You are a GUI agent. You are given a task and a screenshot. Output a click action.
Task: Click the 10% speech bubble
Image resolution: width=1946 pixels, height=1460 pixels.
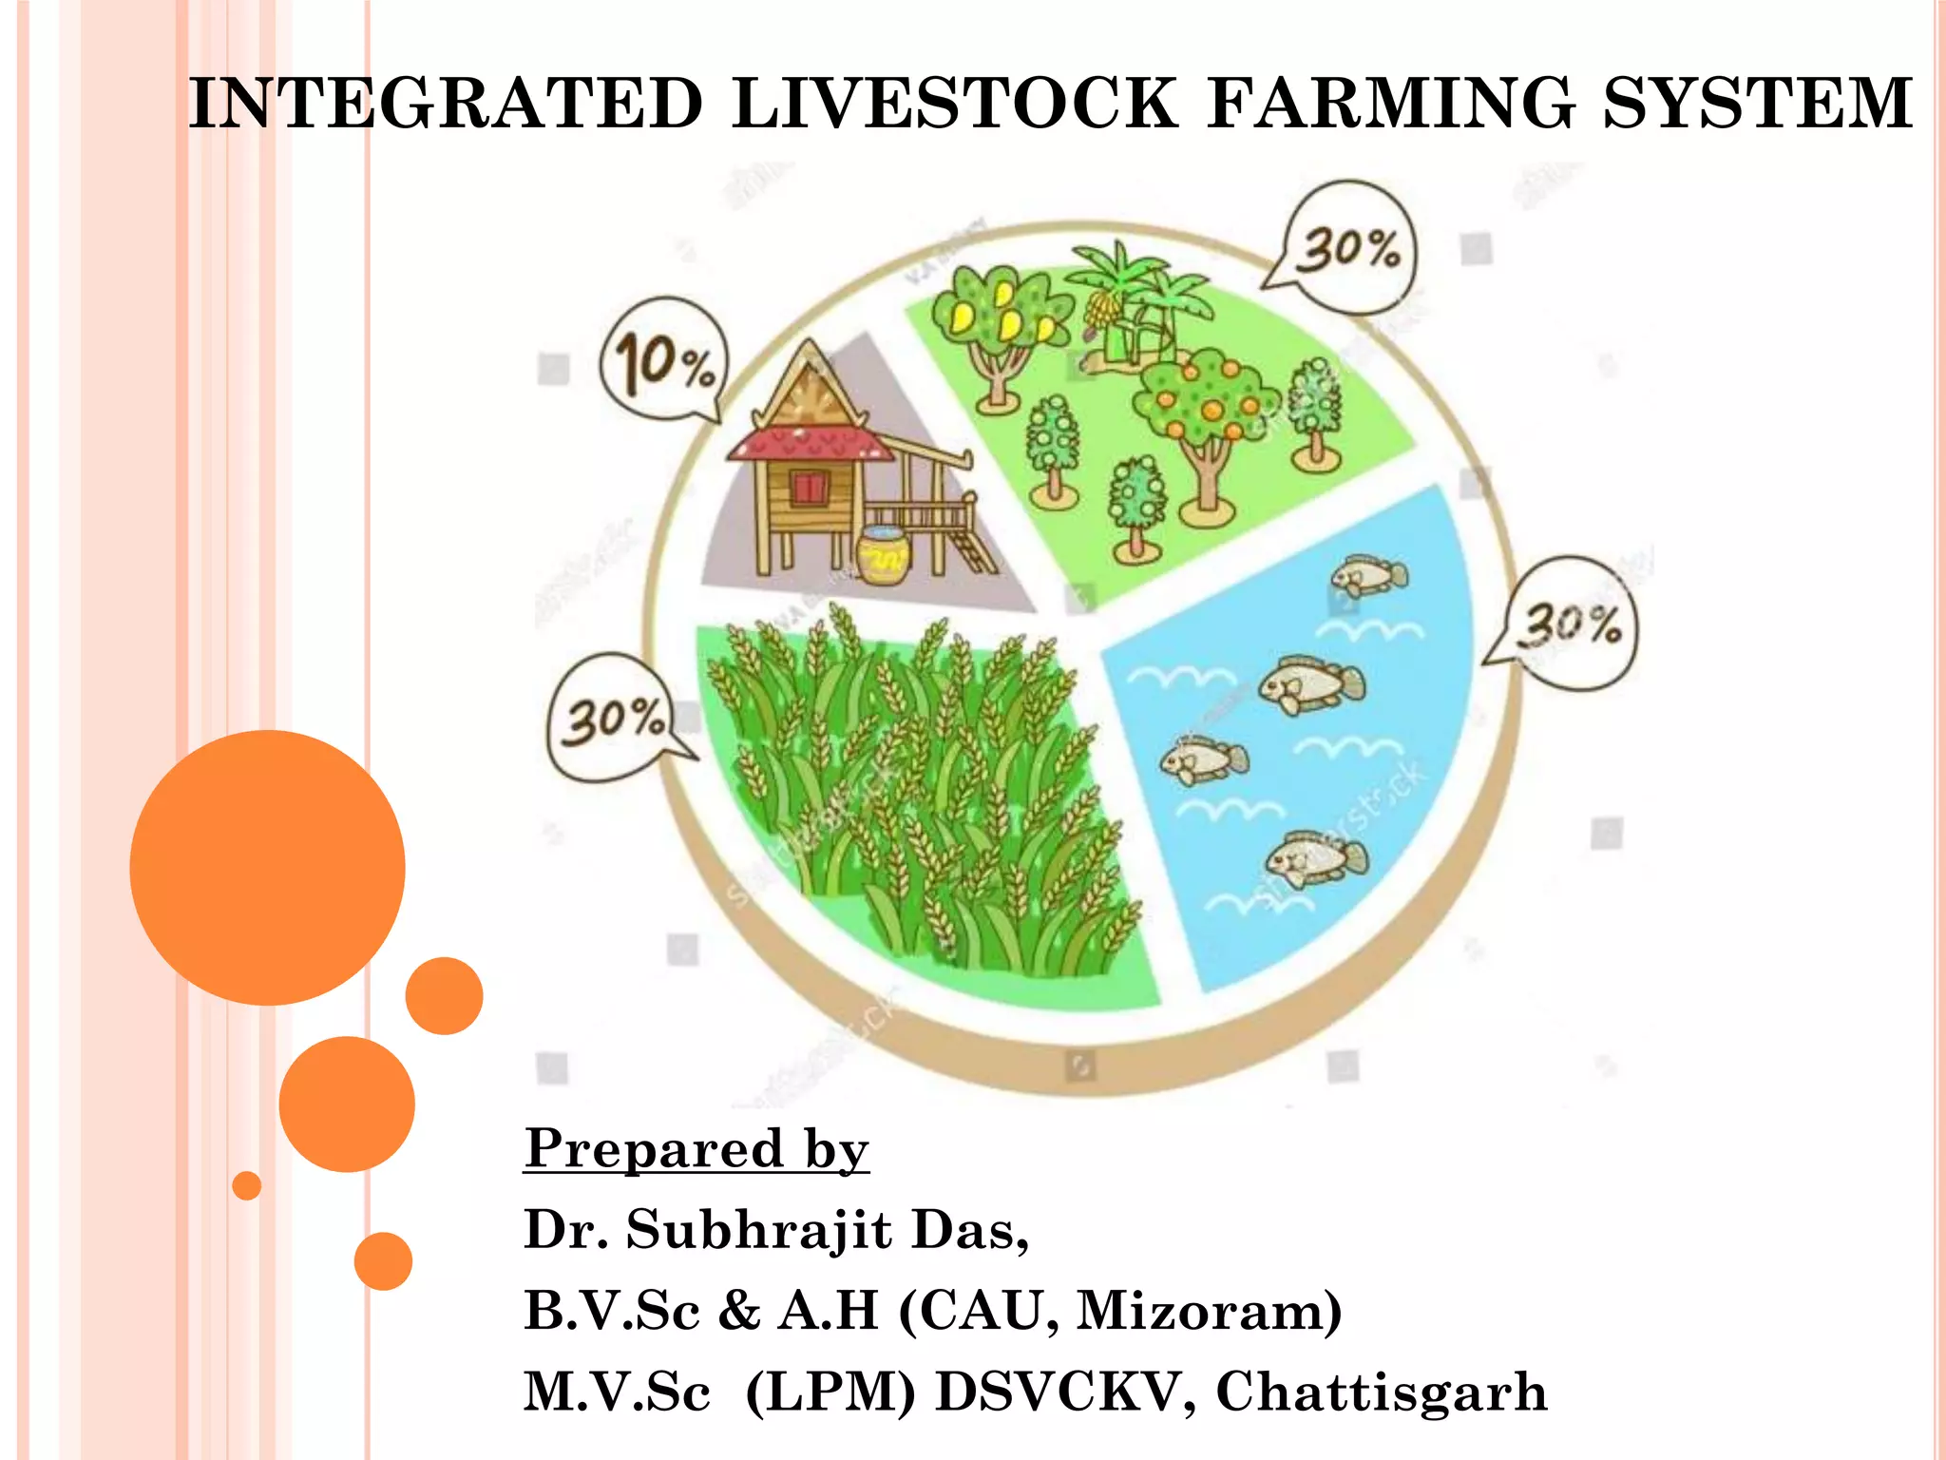(x=664, y=360)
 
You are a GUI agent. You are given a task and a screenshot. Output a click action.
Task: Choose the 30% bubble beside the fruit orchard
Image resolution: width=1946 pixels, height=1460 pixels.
(x=1348, y=249)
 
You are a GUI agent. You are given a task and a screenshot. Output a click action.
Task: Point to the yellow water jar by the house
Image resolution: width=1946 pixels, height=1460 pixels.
(x=883, y=554)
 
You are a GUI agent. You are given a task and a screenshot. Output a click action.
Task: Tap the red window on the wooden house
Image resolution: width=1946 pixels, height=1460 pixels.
(x=809, y=488)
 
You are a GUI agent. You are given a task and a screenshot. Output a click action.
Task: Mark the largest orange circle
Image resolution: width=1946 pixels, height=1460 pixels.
(x=267, y=867)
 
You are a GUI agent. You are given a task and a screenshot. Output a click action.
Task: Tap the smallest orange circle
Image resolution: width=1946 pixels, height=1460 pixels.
(x=247, y=1185)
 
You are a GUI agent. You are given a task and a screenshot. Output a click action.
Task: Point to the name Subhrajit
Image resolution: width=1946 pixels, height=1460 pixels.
(x=759, y=1230)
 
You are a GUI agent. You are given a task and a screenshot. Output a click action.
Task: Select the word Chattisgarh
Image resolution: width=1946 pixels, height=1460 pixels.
(x=1382, y=1392)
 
